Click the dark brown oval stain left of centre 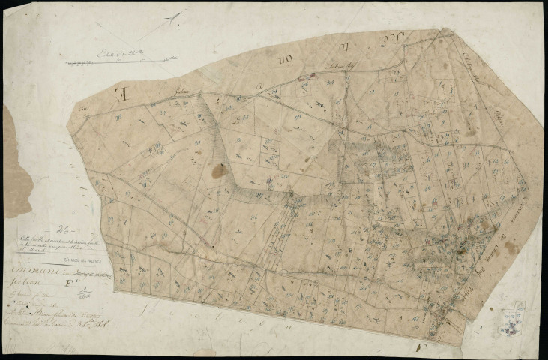(218, 171)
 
